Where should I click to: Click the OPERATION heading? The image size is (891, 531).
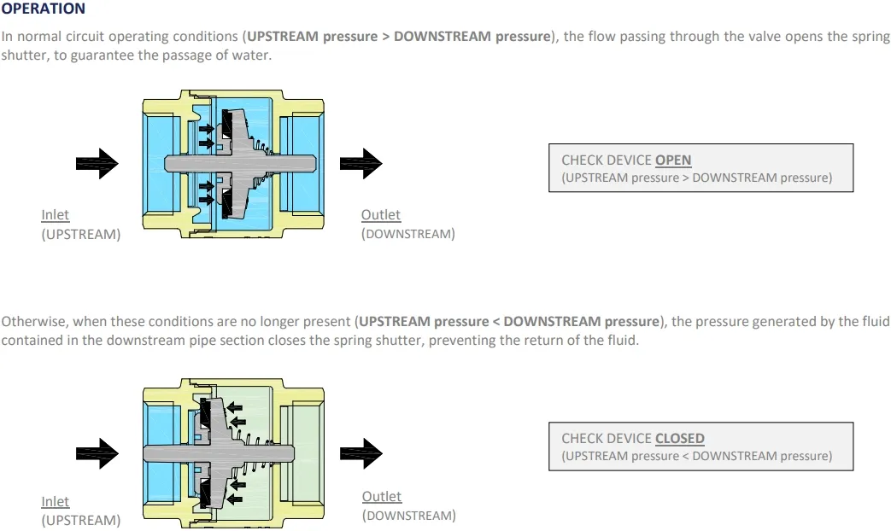tap(44, 9)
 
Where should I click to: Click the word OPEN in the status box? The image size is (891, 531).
tap(673, 160)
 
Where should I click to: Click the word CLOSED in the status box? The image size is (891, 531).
tap(680, 438)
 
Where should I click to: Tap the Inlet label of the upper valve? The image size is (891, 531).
tap(55, 215)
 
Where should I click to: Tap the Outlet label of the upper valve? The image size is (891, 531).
tap(380, 215)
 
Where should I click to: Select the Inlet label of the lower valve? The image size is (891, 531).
tap(55, 502)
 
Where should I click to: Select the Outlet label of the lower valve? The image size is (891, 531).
tap(381, 496)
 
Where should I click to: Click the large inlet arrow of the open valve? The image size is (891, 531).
tap(97, 163)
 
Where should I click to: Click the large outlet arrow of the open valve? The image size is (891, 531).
tap(361, 163)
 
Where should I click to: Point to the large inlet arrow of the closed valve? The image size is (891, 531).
tap(97, 452)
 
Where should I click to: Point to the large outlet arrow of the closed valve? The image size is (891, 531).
tap(361, 452)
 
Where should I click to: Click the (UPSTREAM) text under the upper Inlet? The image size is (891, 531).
tap(81, 234)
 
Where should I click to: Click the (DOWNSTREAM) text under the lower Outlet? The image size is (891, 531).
tap(408, 516)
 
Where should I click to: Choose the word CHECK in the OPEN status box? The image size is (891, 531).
tap(582, 160)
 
